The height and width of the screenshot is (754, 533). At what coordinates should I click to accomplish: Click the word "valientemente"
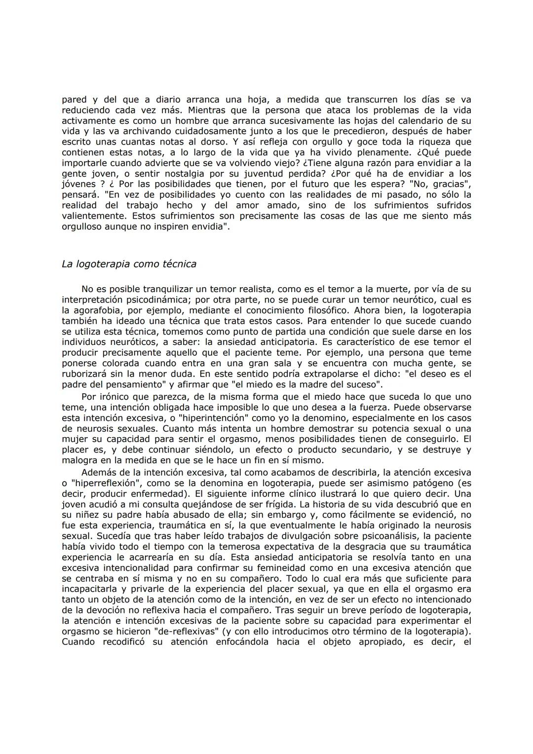click(x=94, y=216)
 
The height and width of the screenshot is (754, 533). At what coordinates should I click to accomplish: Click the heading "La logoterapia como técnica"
click(x=129, y=264)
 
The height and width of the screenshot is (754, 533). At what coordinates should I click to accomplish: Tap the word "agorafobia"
click(x=97, y=310)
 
